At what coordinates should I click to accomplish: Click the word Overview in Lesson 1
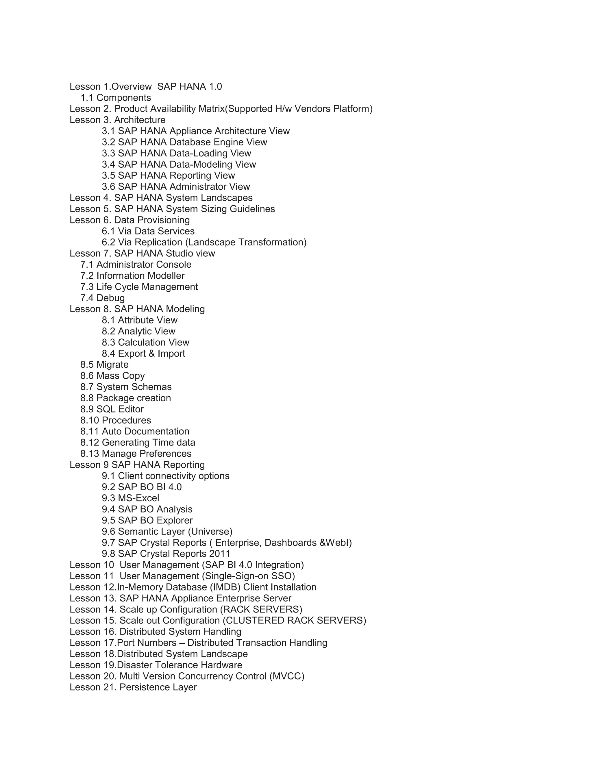132,87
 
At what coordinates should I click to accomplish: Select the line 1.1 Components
116,98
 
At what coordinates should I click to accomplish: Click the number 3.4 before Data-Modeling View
108,164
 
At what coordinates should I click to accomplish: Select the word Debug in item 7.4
110,298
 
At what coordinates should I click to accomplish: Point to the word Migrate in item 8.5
112,365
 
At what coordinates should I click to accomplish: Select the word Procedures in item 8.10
126,421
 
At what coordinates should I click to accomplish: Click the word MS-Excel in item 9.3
138,498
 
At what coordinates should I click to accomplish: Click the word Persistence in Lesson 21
140,687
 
